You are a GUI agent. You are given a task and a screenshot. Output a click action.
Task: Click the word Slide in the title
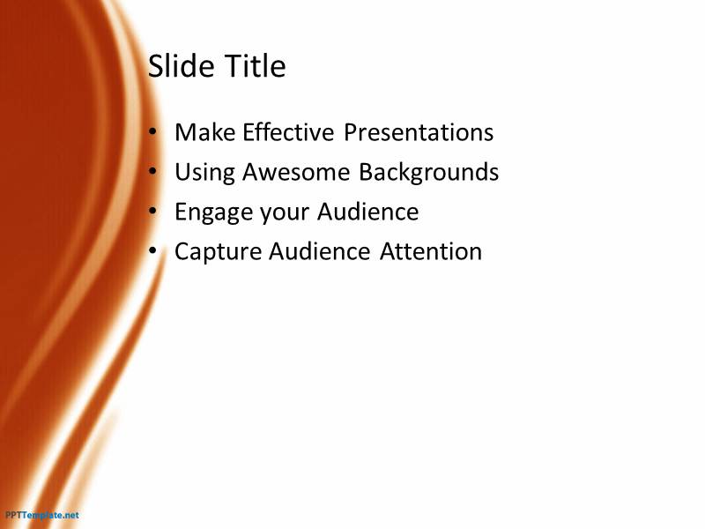182,65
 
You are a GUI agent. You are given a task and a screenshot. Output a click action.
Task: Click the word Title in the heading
255,65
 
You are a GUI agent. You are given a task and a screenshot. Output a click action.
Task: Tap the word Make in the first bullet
205,132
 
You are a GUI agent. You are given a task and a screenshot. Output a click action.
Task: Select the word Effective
288,132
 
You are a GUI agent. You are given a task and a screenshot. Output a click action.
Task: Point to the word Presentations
419,132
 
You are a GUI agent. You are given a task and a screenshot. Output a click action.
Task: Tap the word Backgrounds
429,172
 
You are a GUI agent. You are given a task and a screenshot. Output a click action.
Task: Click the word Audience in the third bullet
367,212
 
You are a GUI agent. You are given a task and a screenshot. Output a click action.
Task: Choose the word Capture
218,252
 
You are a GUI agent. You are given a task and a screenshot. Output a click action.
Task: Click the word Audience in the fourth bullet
320,251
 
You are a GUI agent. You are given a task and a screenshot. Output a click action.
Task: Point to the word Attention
431,251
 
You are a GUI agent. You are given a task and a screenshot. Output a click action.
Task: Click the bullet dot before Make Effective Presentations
152,131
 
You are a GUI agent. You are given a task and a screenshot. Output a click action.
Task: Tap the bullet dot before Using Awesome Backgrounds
152,171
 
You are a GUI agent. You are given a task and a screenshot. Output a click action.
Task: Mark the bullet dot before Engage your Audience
152,211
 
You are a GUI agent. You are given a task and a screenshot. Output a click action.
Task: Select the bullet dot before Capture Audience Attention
152,250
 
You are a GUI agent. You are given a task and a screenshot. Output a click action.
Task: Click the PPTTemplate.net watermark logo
42,515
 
